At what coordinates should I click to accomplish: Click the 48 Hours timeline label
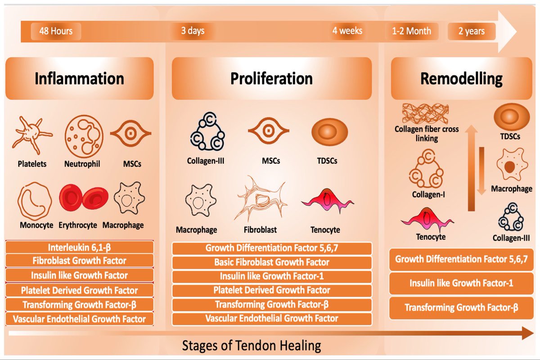click(52, 31)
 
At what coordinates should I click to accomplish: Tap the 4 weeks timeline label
click(347, 31)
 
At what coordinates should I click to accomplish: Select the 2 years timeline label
click(472, 31)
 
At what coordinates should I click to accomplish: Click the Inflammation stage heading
click(79, 78)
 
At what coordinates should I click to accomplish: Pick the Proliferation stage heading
click(271, 78)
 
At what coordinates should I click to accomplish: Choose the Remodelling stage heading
click(461, 78)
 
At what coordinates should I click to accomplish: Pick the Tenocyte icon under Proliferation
click(320, 202)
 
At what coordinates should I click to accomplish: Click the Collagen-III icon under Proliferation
click(205, 135)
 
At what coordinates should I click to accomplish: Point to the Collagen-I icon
click(425, 171)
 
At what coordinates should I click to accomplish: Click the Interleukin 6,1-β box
click(79, 247)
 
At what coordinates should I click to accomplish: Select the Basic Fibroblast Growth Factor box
click(271, 262)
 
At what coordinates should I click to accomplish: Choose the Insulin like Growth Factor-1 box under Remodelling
click(461, 283)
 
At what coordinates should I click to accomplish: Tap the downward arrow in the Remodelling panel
click(481, 171)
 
